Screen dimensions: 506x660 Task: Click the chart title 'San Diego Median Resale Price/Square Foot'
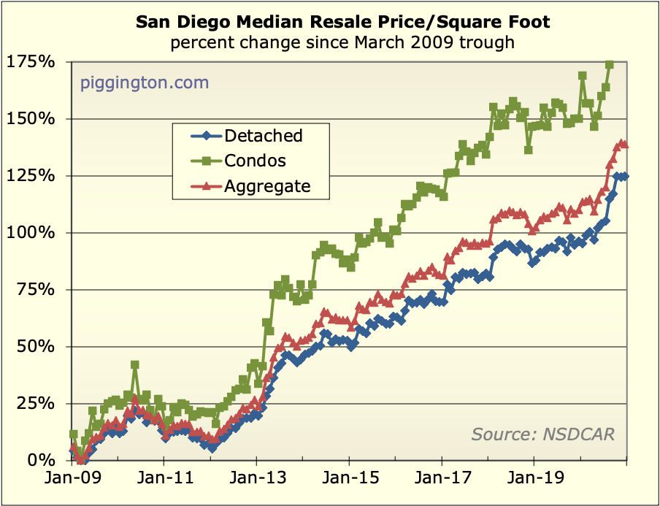point(342,23)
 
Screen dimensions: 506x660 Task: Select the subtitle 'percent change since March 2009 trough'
point(342,42)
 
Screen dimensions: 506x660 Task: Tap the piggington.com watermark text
point(144,83)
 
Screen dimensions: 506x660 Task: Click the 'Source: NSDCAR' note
point(542,434)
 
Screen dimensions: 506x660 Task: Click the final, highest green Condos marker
point(610,64)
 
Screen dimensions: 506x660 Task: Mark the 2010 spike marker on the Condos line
point(135,364)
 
